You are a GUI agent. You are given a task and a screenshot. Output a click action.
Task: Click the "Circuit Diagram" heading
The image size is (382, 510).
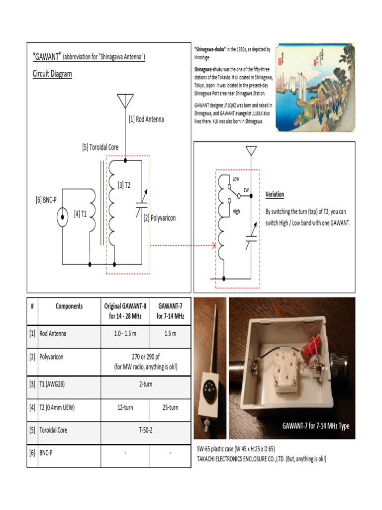[52, 74]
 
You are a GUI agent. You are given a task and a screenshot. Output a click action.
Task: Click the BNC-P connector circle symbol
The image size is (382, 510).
[62, 217]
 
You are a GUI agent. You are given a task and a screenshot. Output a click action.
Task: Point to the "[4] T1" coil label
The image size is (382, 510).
[81, 214]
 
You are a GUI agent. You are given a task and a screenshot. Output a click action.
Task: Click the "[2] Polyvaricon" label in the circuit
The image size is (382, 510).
[160, 218]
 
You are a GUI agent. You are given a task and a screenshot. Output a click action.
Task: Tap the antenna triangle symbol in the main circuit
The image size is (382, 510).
[124, 102]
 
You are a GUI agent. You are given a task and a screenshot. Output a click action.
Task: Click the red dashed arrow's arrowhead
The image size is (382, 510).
[213, 246]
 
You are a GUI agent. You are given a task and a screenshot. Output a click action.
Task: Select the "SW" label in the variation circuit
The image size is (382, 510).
[246, 190]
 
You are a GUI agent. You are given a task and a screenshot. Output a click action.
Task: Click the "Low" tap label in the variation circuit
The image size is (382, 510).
[236, 178]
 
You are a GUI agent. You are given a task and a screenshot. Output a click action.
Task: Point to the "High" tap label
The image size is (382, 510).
[236, 211]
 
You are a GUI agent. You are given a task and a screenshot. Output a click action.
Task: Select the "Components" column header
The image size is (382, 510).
[69, 306]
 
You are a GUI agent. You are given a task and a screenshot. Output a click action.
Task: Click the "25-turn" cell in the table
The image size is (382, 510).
[170, 407]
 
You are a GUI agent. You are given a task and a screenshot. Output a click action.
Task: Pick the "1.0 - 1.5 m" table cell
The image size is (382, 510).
[125, 333]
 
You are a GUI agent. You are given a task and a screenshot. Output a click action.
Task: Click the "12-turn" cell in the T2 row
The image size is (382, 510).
[125, 407]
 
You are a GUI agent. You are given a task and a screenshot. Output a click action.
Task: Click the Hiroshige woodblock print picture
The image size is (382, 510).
[315, 87]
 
